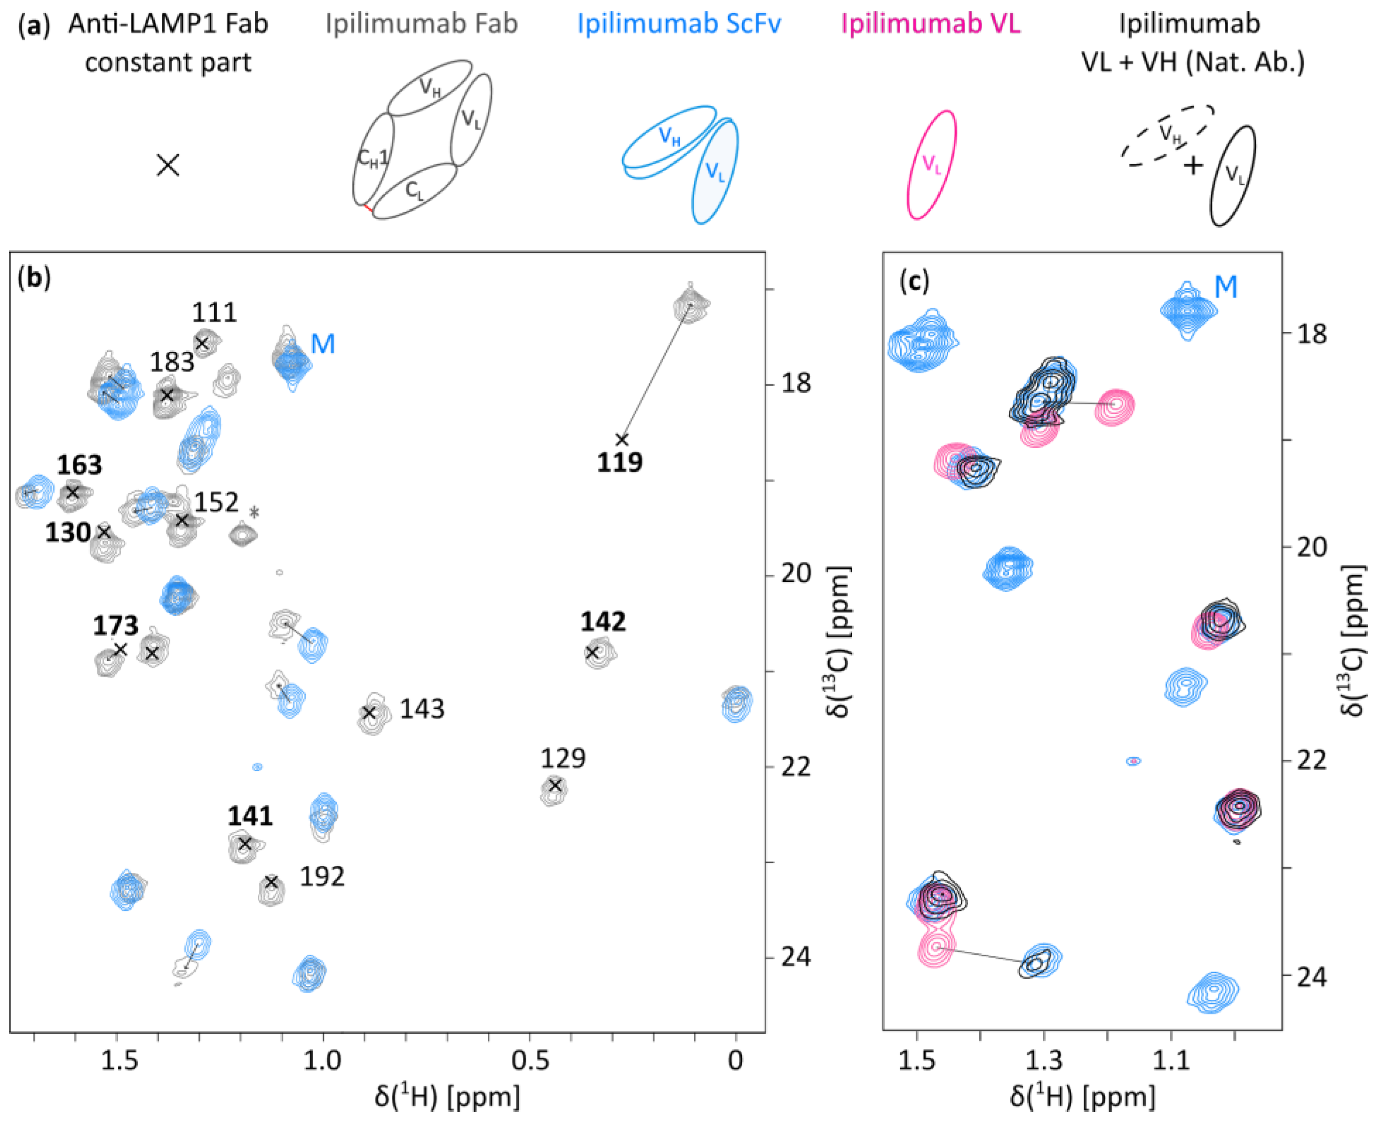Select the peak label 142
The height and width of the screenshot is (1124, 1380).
click(603, 622)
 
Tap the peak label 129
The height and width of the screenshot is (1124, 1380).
click(563, 758)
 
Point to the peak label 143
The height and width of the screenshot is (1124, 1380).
click(422, 709)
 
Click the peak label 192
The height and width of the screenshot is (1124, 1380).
click(322, 877)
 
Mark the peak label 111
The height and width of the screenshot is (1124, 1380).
click(214, 313)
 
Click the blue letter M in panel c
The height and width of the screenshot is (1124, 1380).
click(1225, 287)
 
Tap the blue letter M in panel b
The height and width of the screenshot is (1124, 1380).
click(323, 344)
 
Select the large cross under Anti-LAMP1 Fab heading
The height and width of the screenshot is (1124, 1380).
click(168, 165)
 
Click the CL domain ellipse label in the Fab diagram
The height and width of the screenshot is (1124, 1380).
click(414, 190)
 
